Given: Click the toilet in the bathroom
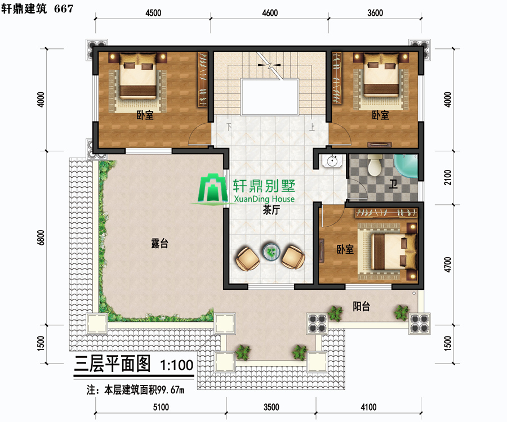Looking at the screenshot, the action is coord(375,165).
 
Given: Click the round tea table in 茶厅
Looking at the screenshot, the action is coord(271,252).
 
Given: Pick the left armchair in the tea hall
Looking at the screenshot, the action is coord(247,259).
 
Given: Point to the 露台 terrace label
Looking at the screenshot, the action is coord(160,243).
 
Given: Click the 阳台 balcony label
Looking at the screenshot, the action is coord(361,306).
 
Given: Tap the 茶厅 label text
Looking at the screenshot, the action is coord(272,210).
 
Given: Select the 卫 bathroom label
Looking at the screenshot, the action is coord(393,185).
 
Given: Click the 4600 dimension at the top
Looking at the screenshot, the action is coord(270,13).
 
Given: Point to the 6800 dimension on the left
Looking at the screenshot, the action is coord(41,237).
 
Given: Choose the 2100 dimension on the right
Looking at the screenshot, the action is coord(447,177).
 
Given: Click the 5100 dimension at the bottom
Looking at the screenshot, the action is coord(161,407).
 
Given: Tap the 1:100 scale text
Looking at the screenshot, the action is coord(176,365).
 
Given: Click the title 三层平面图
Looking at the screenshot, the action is coord(113,364).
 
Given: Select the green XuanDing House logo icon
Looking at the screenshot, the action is coord(213,189).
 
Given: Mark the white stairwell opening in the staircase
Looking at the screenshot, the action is coord(270,97).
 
